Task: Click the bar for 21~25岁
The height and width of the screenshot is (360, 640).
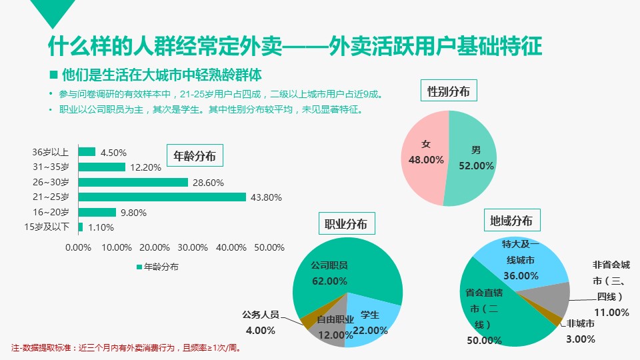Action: coord(162,197)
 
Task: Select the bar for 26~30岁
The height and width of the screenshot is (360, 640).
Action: coord(133,182)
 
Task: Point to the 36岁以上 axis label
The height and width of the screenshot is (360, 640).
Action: coord(51,152)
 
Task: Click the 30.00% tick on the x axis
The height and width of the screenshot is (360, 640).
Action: coord(193,247)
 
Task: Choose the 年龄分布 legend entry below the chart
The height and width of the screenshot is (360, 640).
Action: coord(157,267)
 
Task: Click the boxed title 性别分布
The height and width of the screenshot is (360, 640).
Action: coord(449,91)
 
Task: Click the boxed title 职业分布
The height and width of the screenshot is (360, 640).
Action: coord(346,224)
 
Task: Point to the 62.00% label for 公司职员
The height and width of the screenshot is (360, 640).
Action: coord(329,281)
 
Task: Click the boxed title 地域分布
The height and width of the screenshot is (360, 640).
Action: coord(511,221)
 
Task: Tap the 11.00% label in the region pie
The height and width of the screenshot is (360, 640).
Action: coord(611,312)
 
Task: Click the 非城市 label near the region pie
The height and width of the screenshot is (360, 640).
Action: coord(580,324)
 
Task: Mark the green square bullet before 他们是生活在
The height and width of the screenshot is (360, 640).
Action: coord(53,73)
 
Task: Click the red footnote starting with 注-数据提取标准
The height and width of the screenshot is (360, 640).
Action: coord(126,347)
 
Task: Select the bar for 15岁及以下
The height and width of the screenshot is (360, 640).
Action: coord(81,227)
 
